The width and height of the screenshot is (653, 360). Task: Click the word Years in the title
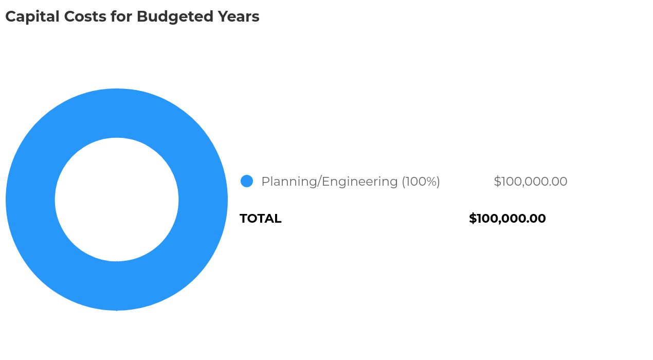pyautogui.click(x=238, y=16)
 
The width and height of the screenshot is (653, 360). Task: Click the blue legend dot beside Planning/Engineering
pyautogui.click(x=247, y=181)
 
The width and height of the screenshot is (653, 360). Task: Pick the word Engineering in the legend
pyautogui.click(x=359, y=182)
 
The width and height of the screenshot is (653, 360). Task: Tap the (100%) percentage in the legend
pyautogui.click(x=421, y=182)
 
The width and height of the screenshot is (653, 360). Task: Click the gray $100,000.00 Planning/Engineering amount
pyautogui.click(x=530, y=182)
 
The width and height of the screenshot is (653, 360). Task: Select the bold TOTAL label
pyautogui.click(x=260, y=219)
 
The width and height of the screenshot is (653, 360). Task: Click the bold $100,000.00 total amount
pyautogui.click(x=507, y=219)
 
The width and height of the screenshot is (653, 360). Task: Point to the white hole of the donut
pyautogui.click(x=117, y=200)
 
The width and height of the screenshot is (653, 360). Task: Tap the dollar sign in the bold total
pyautogui.click(x=473, y=219)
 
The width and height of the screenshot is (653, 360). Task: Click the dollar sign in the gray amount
pyautogui.click(x=497, y=182)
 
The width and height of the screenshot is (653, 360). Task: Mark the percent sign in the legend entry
pyautogui.click(x=430, y=182)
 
